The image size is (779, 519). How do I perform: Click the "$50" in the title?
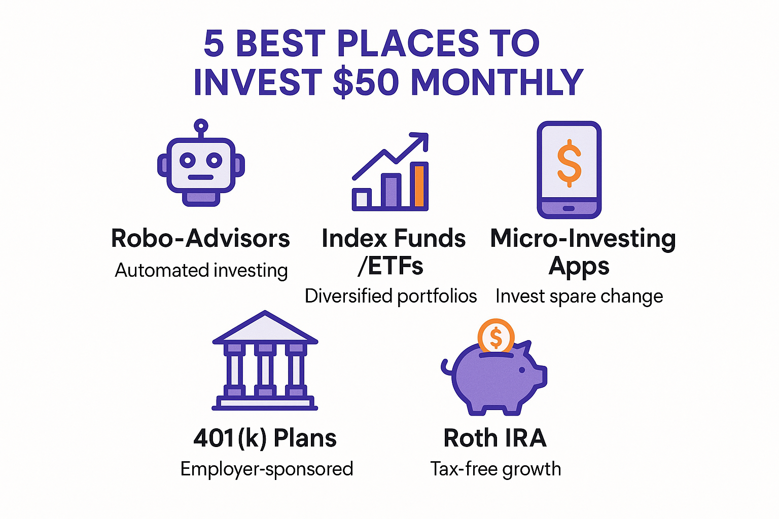tap(366, 82)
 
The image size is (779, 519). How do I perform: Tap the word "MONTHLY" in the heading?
tap(497, 82)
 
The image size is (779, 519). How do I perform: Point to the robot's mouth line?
tap(201, 177)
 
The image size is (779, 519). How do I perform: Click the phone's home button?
tap(569, 208)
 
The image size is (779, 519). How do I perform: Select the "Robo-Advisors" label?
tap(200, 238)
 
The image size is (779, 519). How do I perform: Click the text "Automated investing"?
tap(201, 270)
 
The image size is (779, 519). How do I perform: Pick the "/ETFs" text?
tap(390, 266)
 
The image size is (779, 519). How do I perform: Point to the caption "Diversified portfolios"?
tap(391, 296)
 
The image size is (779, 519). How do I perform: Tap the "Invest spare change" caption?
tap(579, 296)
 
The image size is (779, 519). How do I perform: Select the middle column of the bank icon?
tap(265, 370)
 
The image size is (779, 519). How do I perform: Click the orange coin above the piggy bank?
tap(496, 336)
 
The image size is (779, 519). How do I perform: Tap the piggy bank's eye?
tap(522, 370)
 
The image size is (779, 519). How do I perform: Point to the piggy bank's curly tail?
tap(446, 367)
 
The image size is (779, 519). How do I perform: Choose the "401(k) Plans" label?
tap(265, 438)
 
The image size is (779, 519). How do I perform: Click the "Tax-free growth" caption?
tap(495, 469)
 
